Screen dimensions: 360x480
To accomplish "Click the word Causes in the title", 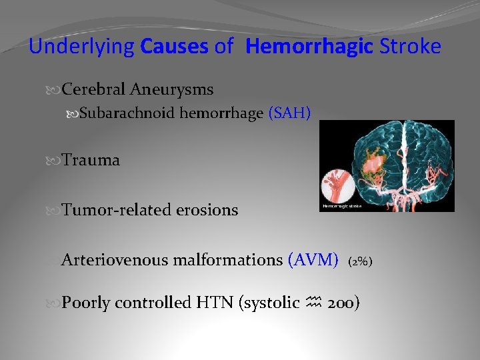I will tap(175, 47).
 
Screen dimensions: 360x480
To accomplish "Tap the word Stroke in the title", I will tap(409, 47).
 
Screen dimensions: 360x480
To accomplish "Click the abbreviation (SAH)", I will tap(289, 113).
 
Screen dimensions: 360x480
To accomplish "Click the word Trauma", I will tap(91, 160).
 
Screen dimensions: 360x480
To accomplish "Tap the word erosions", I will tap(207, 210).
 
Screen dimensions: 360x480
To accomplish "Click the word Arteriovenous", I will tap(115, 260).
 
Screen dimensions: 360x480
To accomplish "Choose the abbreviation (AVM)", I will tap(313, 260).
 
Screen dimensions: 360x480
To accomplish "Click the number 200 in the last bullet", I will tap(345, 303).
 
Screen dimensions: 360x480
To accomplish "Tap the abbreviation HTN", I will tap(211, 303).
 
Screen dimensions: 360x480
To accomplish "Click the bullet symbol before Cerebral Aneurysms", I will tap(55, 89).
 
